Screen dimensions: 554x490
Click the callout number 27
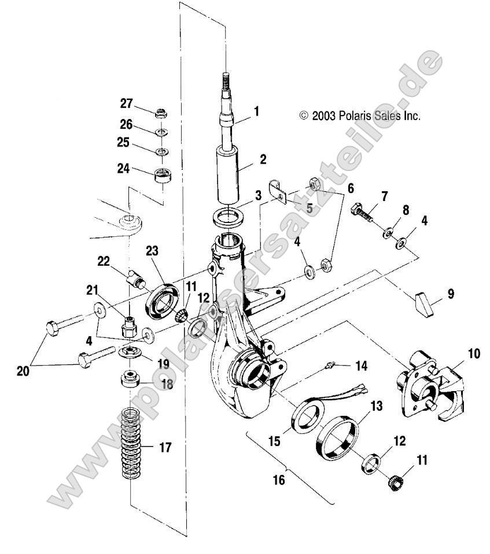127,104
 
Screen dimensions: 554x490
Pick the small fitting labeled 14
331,365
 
